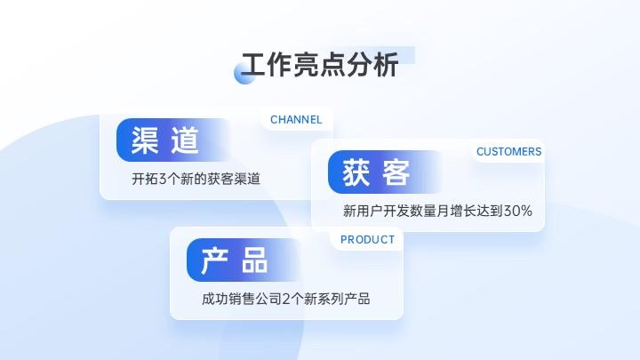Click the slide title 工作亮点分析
(x=320, y=65)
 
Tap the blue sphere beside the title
(x=245, y=74)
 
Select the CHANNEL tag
(x=296, y=120)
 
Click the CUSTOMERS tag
(x=509, y=151)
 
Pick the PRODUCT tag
(x=368, y=240)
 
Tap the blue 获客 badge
(x=385, y=172)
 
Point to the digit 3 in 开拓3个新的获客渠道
(x=163, y=179)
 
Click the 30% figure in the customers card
(x=518, y=211)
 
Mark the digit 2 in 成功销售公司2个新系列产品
(x=286, y=300)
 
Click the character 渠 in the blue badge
(x=145, y=140)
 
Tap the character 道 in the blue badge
(x=185, y=140)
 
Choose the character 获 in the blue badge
(x=356, y=172)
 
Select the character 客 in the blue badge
(x=396, y=172)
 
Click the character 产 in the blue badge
(x=215, y=260)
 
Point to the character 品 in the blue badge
(x=255, y=260)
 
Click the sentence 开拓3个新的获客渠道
(x=196, y=179)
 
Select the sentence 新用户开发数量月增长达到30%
(x=437, y=211)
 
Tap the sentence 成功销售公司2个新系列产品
(x=285, y=300)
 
